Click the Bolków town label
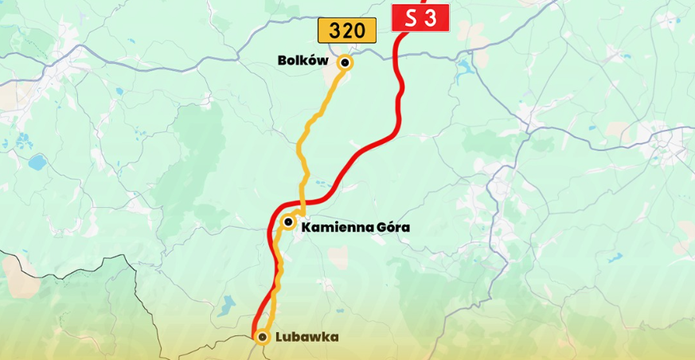point(303,61)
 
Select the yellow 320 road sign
point(346,31)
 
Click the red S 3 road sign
point(420,18)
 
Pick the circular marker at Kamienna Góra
point(288,222)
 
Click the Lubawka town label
point(307,337)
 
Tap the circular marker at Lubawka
point(262,337)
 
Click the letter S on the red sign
point(410,18)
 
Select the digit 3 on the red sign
point(431,18)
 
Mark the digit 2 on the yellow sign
point(346,31)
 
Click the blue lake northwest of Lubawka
point(228,303)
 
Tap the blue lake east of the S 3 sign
point(466,66)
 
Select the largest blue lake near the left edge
point(37,162)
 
